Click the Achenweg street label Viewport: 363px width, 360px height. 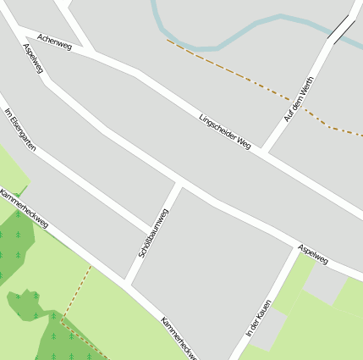click(x=55, y=42)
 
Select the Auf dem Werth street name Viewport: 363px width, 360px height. click(x=299, y=99)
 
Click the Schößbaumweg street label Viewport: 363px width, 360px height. click(x=153, y=233)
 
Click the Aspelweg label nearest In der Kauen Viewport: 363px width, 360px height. click(x=312, y=253)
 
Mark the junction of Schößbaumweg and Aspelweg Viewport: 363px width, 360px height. click(x=179, y=183)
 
